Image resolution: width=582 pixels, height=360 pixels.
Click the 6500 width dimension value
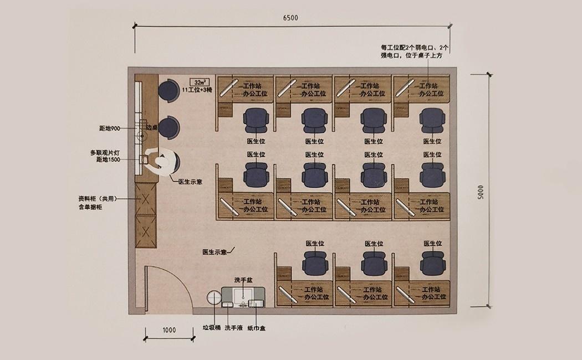(290, 18)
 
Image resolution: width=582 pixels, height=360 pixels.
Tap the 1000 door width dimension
(169, 330)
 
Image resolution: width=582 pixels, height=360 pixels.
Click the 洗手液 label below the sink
(232, 328)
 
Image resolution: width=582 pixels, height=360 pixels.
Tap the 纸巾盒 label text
(256, 328)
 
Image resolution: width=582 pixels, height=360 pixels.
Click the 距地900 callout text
(110, 128)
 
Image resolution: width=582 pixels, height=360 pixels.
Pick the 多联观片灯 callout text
(105, 152)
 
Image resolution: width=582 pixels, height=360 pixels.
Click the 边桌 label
(152, 127)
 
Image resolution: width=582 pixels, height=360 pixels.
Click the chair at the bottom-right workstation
(433, 263)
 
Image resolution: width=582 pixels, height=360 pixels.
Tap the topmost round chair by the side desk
(167, 90)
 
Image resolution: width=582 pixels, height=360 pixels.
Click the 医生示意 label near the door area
(216, 253)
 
